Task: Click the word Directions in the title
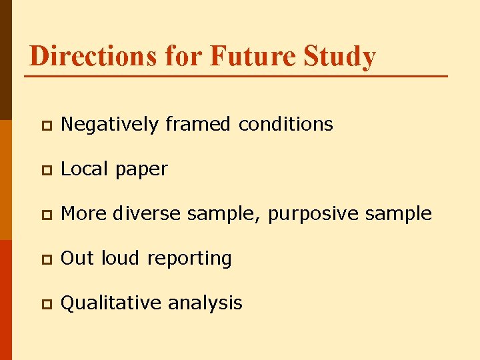click(x=93, y=56)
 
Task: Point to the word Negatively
click(x=109, y=125)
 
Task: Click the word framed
click(x=198, y=124)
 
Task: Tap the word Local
click(x=85, y=169)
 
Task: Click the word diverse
click(x=147, y=214)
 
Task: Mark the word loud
click(x=121, y=259)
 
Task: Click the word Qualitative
click(x=111, y=303)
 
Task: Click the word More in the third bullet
click(x=84, y=214)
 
